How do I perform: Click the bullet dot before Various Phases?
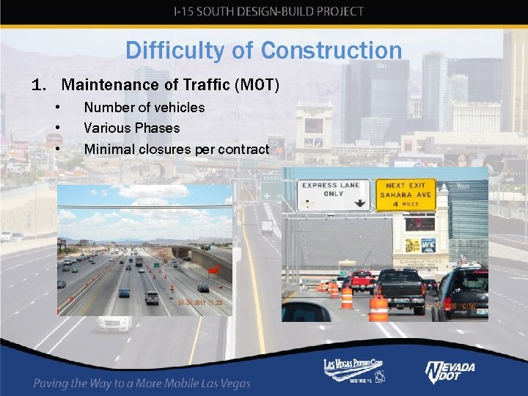point(57,128)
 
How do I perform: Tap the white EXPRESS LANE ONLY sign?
point(333,194)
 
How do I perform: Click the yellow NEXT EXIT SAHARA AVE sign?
point(406,195)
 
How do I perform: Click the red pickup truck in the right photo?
point(362,280)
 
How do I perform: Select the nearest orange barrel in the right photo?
point(378,308)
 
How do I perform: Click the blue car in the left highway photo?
point(124,293)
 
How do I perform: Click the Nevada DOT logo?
point(450,373)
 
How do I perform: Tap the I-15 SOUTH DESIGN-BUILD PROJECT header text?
point(268,12)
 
